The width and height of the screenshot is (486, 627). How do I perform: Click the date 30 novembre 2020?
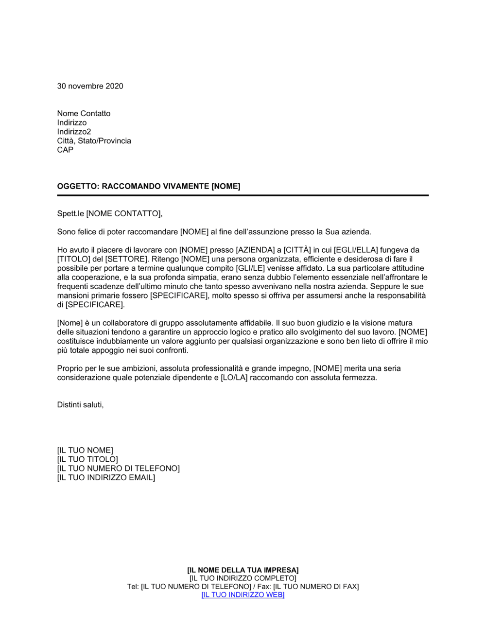coord(90,86)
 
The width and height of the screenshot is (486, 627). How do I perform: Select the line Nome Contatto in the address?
coord(84,113)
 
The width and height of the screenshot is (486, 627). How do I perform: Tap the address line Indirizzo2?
coord(74,132)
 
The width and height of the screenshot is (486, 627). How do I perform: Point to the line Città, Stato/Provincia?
coord(94,141)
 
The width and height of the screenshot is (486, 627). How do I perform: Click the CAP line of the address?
coord(65,150)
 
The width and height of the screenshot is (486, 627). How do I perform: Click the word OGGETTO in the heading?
coord(77,186)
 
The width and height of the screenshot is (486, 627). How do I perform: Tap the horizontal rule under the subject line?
coord(243,195)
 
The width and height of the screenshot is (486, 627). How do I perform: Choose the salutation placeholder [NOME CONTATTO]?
coord(123,213)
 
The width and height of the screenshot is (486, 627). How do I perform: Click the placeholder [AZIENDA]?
coord(255,250)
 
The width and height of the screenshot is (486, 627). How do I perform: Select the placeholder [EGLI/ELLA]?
coord(356,250)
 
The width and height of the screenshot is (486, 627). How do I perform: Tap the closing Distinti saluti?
coord(80,405)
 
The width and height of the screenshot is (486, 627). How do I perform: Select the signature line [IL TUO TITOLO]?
coord(87,459)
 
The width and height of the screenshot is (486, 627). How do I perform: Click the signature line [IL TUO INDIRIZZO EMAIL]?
coord(106,478)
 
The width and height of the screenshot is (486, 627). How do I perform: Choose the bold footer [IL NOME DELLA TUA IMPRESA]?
coord(243,570)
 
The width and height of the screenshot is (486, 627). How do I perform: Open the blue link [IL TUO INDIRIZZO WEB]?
coord(243,595)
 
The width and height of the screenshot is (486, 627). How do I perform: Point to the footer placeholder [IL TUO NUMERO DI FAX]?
coord(316,587)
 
